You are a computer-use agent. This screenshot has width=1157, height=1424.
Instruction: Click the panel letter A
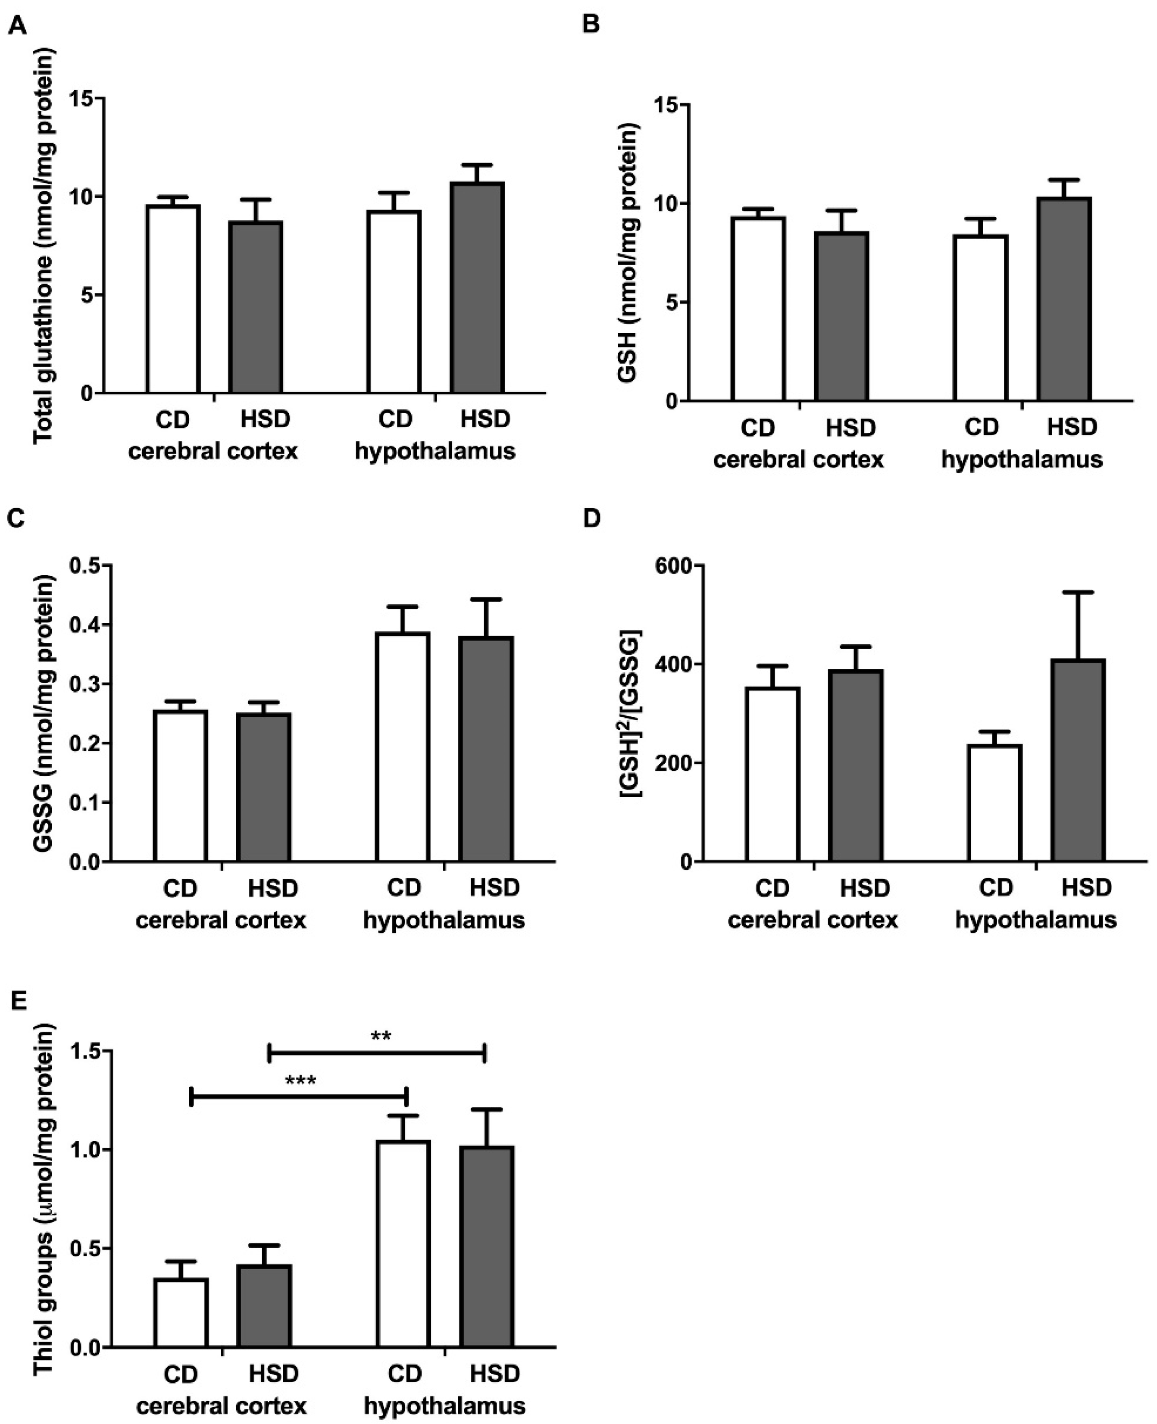click(18, 25)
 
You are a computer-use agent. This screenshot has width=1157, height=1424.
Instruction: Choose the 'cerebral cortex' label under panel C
click(221, 920)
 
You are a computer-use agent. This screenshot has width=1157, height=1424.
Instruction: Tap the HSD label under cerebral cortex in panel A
click(265, 419)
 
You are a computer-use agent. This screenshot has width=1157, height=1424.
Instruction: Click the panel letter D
click(591, 518)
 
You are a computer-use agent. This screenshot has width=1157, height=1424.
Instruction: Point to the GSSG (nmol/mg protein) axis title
click(43, 712)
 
